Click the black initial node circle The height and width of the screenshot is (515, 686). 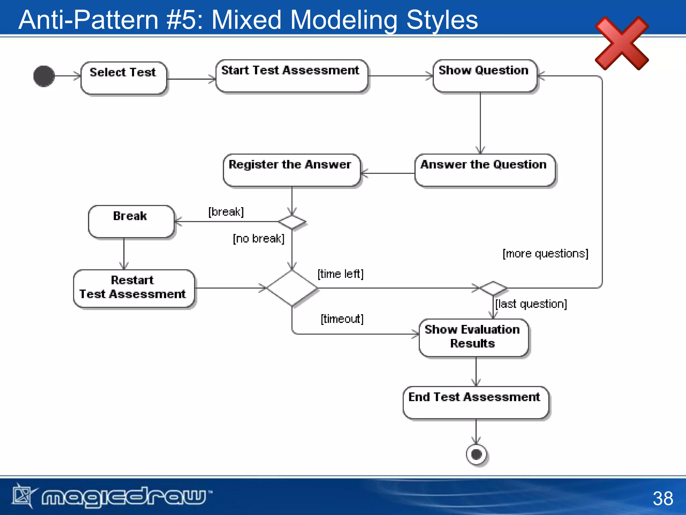44,76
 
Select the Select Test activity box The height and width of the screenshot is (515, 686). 124,78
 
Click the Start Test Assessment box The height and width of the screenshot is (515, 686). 291,76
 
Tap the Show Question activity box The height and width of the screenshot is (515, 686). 485,76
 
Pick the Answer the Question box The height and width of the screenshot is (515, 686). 485,170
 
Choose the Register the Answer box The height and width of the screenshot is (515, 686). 291,170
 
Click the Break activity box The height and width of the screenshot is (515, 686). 131,221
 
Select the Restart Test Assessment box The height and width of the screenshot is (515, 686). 134,288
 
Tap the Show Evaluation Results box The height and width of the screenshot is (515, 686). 473,337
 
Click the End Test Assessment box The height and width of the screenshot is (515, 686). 475,402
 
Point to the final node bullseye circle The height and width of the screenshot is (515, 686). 476,455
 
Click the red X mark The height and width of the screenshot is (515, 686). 622,44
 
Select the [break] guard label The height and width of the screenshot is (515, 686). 226,212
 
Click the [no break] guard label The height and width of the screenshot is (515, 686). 259,239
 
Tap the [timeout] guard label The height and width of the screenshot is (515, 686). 342,319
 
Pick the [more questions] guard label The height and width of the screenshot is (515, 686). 545,254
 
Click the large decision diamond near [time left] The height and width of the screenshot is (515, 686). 292,288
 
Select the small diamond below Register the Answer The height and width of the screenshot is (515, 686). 292,222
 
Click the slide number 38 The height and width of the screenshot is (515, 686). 663,498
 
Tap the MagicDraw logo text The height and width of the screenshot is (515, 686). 124,497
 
